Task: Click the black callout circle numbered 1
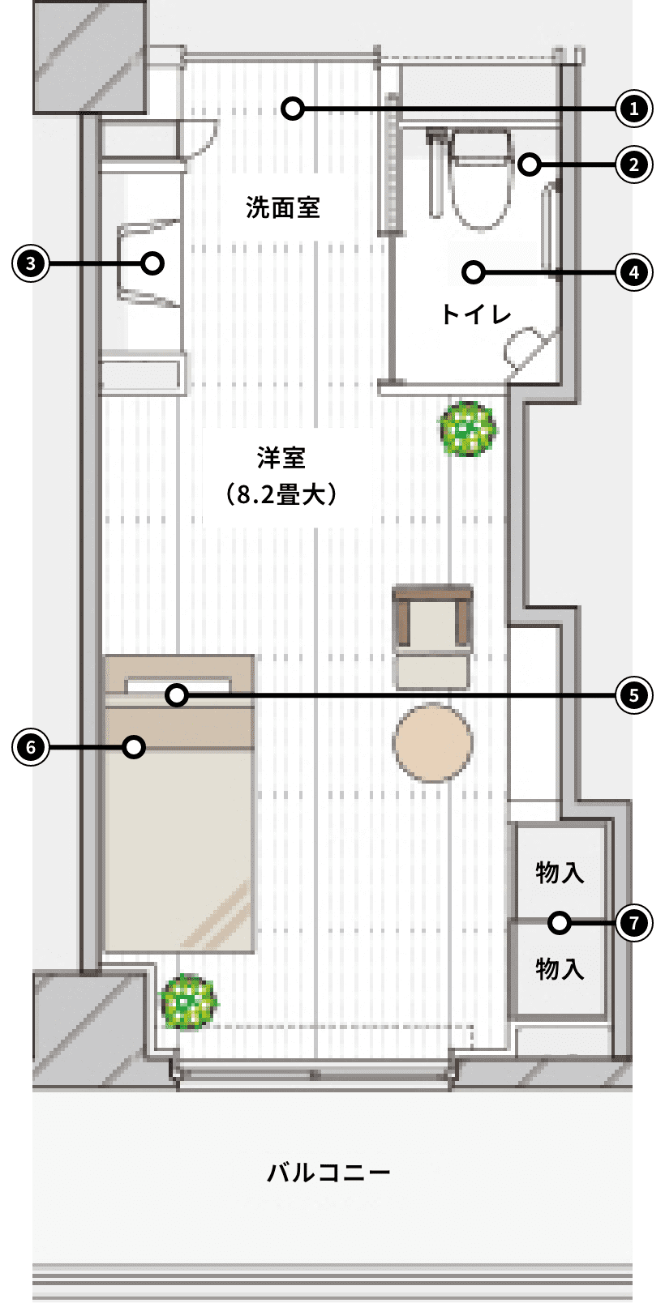click(634, 109)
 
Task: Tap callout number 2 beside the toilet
click(634, 164)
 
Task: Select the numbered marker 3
click(30, 263)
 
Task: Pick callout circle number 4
click(634, 272)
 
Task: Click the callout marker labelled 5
click(634, 695)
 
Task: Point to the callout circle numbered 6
click(30, 747)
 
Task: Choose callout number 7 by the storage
click(634, 923)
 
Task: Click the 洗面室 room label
click(283, 207)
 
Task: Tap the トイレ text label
click(476, 314)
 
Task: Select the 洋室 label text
click(281, 458)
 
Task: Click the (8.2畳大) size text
click(281, 495)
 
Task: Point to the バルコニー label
click(328, 1172)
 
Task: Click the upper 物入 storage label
click(560, 873)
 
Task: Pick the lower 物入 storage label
click(560, 969)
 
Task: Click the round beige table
click(433, 743)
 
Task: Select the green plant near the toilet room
click(468, 429)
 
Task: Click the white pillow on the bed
click(178, 685)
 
